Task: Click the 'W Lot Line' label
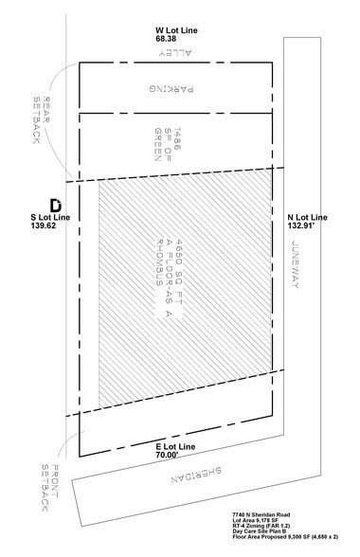[176, 30]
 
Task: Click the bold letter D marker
[55, 204]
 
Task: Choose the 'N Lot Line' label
[307, 217]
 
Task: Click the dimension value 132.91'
[305, 226]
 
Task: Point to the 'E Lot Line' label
[178, 443]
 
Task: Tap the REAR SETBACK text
[41, 122]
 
